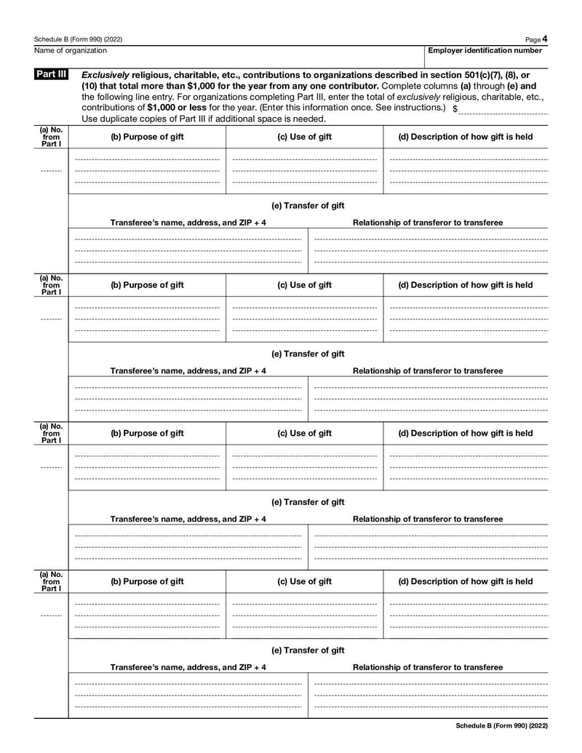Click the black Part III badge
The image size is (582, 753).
click(51, 75)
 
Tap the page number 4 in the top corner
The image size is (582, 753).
click(545, 38)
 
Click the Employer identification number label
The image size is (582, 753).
click(485, 50)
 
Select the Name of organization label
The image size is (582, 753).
click(70, 50)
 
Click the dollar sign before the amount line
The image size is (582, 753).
click(455, 108)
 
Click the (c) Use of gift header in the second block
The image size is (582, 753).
click(304, 285)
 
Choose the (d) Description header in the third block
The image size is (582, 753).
click(465, 434)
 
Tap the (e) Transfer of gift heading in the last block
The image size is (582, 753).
click(308, 650)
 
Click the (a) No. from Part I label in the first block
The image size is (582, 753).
click(51, 137)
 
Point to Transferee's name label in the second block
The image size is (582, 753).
click(188, 371)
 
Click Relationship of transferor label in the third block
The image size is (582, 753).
click(427, 519)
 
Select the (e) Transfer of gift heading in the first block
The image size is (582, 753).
click(308, 206)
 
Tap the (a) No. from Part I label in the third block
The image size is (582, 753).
click(51, 433)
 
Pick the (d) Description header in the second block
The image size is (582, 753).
click(465, 285)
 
